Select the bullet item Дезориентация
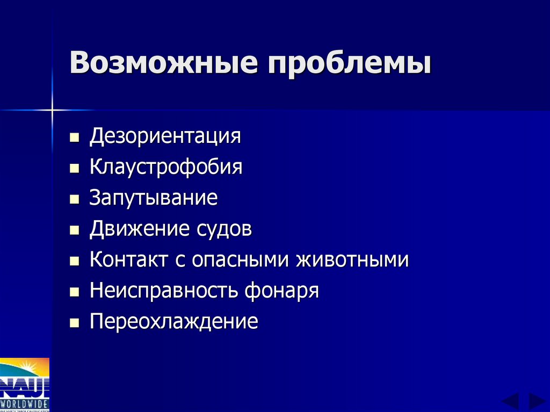pos(165,135)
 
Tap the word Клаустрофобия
pos(166,167)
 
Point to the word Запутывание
pos(154,198)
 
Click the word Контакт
pos(129,260)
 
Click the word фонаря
pos(282,291)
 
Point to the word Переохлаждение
pos(174,322)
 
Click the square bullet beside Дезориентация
pos(74,138)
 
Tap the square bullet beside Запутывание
pos(74,200)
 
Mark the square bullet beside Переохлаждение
pos(74,323)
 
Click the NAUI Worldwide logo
pos(25,385)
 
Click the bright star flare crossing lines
pos(52,110)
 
